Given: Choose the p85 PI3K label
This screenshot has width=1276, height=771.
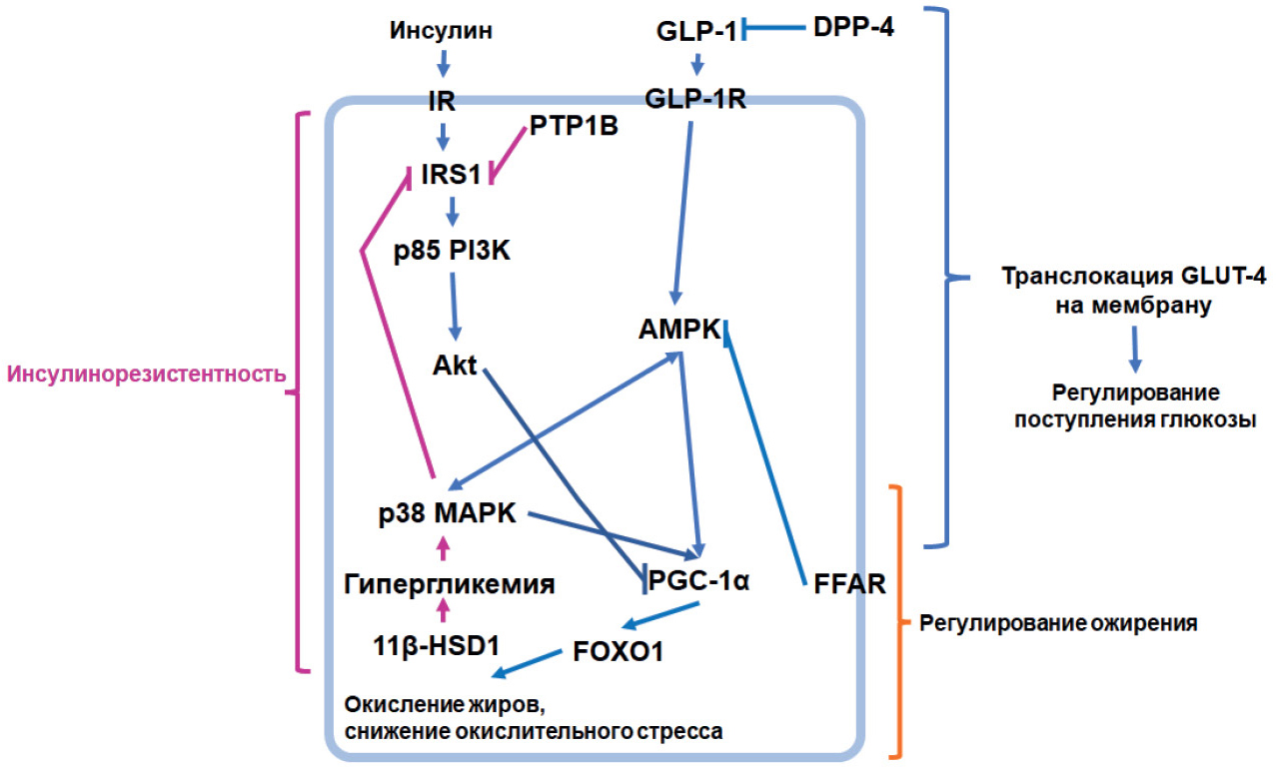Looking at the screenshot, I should tap(452, 253).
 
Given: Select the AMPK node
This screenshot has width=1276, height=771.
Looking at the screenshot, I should tap(679, 329).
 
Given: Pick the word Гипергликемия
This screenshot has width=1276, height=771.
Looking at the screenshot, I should tap(450, 583).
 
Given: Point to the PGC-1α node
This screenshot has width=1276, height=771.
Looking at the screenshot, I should tap(698, 579).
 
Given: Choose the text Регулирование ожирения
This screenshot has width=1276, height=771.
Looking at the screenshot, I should tap(1058, 624).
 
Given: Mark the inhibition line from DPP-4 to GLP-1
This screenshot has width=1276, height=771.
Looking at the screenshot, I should tap(775, 30).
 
